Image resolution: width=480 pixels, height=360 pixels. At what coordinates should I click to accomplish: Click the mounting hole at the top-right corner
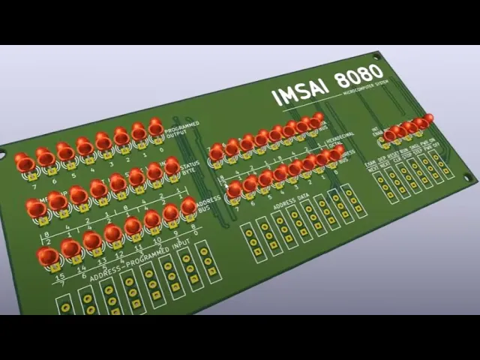(379, 55)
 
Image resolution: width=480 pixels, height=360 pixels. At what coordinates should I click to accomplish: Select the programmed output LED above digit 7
(25, 163)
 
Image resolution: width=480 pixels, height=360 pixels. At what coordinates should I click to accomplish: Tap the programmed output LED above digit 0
(156, 127)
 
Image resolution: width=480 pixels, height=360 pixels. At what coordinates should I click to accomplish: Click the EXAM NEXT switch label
(370, 166)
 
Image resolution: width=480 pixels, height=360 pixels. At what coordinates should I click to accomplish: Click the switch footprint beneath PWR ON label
(444, 166)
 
